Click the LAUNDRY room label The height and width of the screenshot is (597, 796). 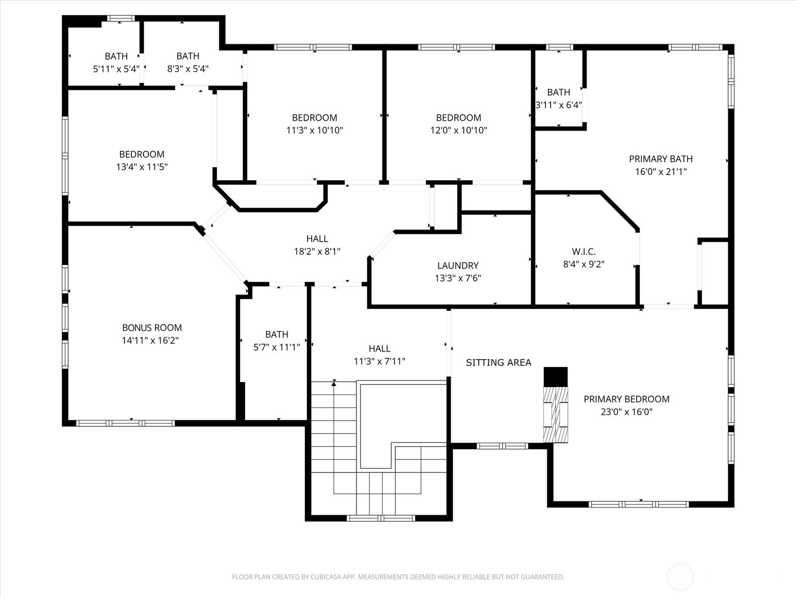458,265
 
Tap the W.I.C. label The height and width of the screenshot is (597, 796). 584,252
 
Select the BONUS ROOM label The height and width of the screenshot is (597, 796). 152,328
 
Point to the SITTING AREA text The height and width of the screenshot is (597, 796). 498,363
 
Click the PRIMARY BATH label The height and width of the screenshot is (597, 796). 661,159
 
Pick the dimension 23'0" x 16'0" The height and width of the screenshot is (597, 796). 627,412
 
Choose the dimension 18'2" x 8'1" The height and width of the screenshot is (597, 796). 317,252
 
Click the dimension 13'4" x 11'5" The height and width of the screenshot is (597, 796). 142,167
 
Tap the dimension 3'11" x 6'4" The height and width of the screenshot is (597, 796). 559,105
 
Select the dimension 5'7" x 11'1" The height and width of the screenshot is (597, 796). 277,347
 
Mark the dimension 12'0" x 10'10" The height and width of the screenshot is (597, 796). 458,130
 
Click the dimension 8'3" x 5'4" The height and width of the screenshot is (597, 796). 188,69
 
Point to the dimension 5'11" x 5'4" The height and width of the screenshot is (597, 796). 116,69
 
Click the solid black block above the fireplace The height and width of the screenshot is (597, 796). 556,377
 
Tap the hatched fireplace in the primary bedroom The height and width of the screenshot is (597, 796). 556,415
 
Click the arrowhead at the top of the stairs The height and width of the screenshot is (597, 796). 334,383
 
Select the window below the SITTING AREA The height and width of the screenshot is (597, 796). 502,446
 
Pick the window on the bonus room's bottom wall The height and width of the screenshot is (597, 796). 125,423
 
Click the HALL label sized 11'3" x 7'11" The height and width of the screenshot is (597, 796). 379,349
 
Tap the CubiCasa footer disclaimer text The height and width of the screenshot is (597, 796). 398,577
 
